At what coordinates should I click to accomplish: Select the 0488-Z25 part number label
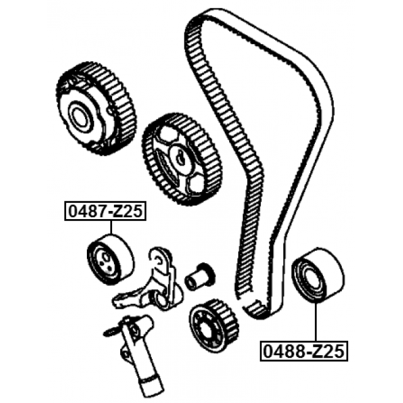tap(304, 351)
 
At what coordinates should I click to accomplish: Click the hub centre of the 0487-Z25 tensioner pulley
tap(104, 259)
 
